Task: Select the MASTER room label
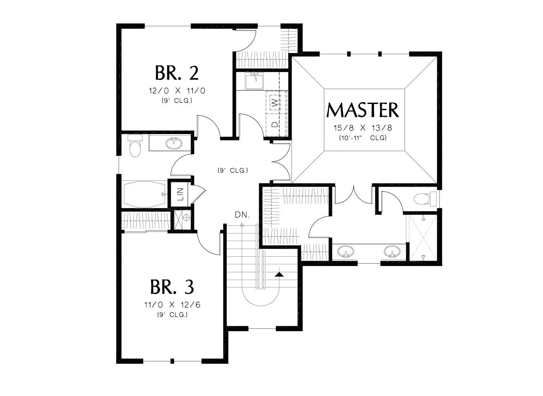[363, 110]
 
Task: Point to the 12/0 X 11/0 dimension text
[177, 91]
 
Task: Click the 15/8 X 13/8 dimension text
[363, 128]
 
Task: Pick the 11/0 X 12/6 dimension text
[172, 305]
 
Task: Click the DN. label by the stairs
[242, 215]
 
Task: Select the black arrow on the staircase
[279, 274]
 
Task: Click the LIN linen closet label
[180, 194]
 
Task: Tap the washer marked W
[274, 103]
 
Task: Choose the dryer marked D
[274, 125]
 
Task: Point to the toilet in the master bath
[424, 199]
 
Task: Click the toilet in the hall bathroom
[134, 146]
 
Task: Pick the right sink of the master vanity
[391, 252]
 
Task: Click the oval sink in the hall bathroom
[174, 144]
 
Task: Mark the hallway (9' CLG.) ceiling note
[232, 170]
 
